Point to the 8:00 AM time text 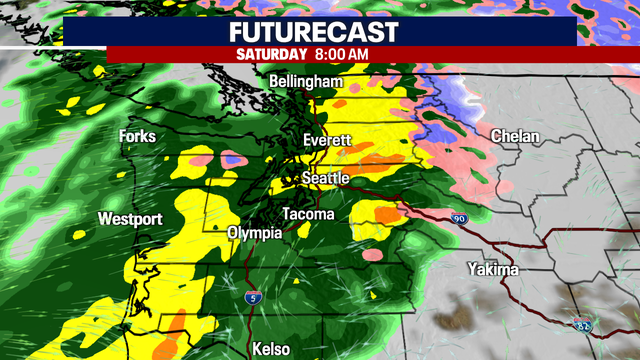coord(343,53)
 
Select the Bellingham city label coord(307,81)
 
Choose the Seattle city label coord(327,178)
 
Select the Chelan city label coord(515,136)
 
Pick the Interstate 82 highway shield coord(583,324)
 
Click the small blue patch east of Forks coord(234,158)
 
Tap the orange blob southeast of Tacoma coord(386,213)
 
